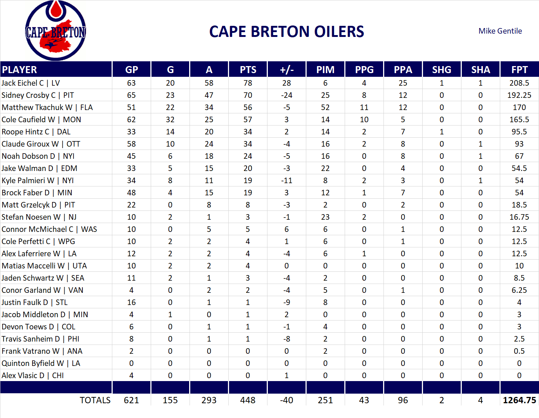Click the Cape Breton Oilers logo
[x=55, y=31]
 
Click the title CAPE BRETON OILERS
[x=287, y=32]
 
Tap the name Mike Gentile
[x=500, y=31]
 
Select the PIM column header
[x=325, y=70]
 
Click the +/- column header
[x=286, y=70]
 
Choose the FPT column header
[x=519, y=70]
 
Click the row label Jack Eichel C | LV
[x=31, y=83]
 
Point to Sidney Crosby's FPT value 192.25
[x=519, y=95]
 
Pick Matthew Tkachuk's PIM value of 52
[x=325, y=107]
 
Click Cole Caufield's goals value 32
[x=170, y=120]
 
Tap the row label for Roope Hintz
[x=36, y=132]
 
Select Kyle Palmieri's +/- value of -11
[x=286, y=181]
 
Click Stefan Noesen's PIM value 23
[x=325, y=217]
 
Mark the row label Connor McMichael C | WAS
[x=49, y=229]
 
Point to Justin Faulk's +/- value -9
[x=286, y=302]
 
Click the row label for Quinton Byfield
[x=41, y=363]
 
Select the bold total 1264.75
[x=519, y=400]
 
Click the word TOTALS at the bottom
[x=95, y=400]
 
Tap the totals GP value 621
[x=131, y=400]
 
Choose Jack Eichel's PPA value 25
[x=403, y=83]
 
